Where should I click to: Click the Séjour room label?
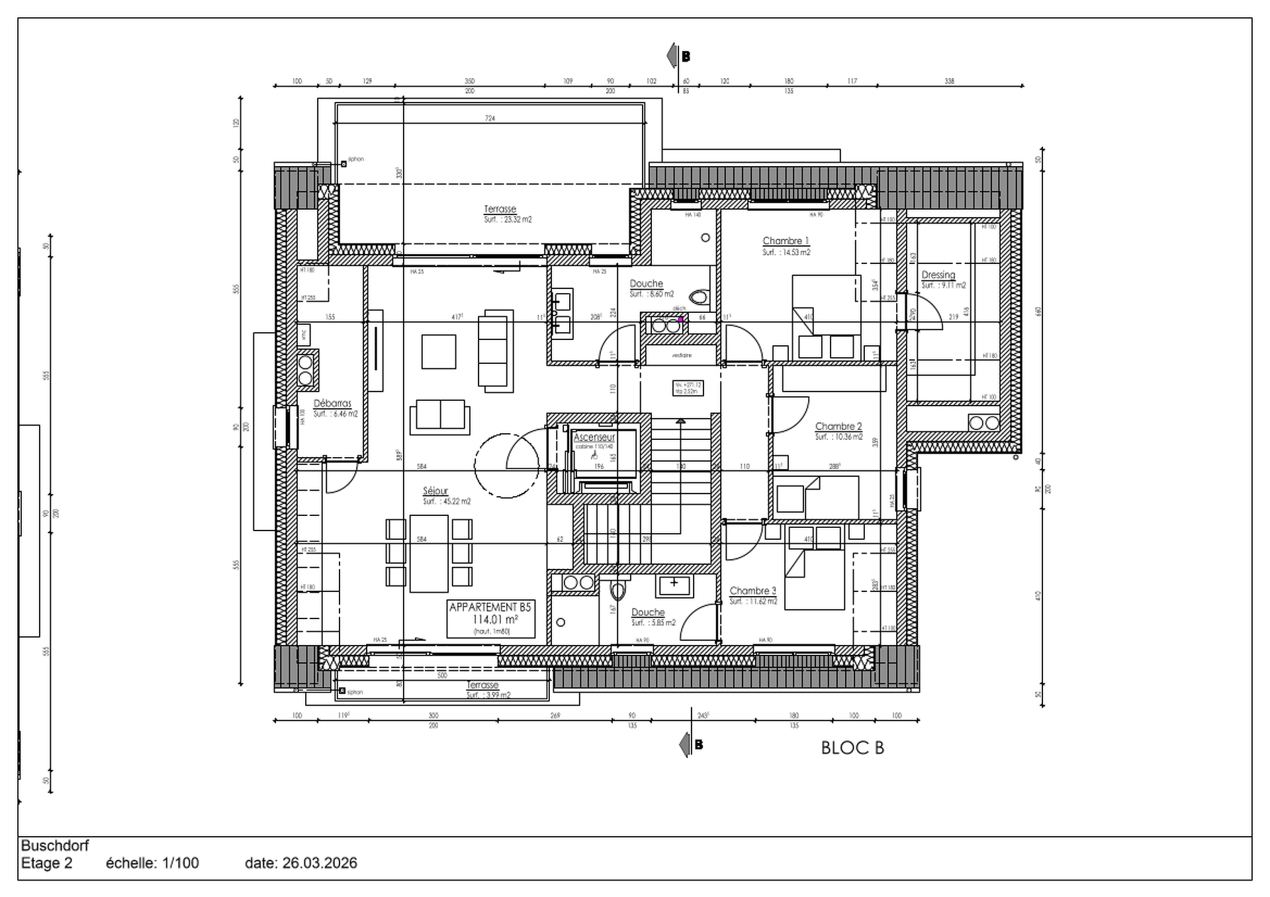[435, 491]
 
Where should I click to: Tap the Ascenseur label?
[594, 437]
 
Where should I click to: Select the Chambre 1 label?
[786, 241]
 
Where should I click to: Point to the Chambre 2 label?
[838, 427]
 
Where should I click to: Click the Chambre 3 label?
[752, 591]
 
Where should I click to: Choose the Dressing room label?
[938, 275]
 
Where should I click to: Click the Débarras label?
[332, 403]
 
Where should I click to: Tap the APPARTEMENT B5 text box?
[490, 618]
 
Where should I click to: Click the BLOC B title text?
[852, 747]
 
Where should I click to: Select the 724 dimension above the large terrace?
[490, 118]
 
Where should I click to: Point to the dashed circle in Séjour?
[506, 465]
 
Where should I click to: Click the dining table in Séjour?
[429, 553]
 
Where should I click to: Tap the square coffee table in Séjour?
[439, 351]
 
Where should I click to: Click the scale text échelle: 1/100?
[152, 863]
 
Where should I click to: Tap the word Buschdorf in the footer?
[55, 845]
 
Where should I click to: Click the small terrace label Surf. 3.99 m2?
[488, 695]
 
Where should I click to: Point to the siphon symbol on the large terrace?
[343, 163]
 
